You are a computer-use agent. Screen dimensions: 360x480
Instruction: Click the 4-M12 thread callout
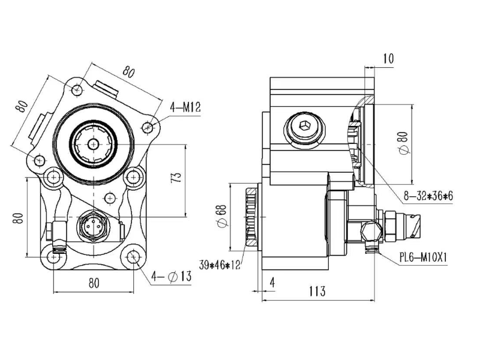pyautogui.click(x=185, y=108)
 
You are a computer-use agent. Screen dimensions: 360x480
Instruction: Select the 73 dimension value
pyautogui.click(x=175, y=177)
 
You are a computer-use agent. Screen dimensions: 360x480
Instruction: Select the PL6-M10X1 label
pyautogui.click(x=425, y=257)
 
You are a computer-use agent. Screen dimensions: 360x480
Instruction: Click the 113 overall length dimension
pyautogui.click(x=317, y=292)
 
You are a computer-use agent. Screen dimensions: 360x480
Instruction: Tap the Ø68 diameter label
pyautogui.click(x=222, y=216)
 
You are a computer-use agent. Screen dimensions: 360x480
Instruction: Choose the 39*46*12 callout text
pyautogui.click(x=220, y=264)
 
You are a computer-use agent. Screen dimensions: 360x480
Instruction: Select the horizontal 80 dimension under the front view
pyautogui.click(x=94, y=283)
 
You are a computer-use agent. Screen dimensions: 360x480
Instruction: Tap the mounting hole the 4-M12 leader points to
pyautogui.click(x=149, y=127)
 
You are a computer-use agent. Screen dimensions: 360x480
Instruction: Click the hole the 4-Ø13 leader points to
pyautogui.click(x=133, y=257)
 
